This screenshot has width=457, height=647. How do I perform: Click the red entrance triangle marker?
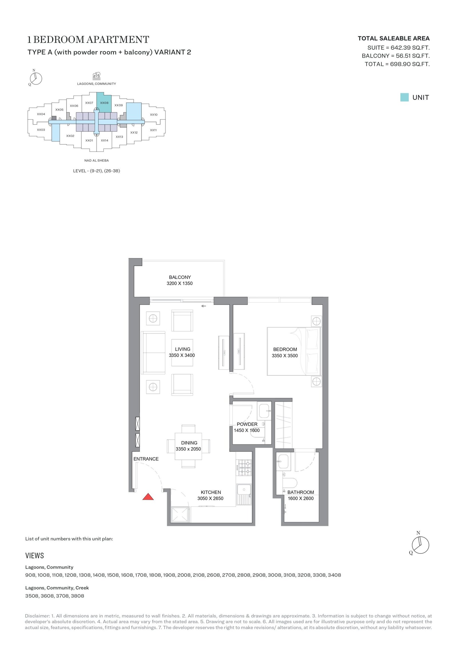148,497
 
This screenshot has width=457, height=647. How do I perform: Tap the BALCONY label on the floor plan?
180,277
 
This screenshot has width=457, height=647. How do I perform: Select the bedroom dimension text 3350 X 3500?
285,356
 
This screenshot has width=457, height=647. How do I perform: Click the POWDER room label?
247,424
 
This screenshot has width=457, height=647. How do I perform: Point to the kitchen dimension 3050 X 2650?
210,498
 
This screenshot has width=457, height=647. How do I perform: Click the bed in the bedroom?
294,351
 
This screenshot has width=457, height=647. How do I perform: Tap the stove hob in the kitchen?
245,467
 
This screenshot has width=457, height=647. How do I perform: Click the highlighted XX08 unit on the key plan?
104,102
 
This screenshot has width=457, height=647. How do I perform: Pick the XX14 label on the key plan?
105,140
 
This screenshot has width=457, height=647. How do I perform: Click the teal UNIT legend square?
404,97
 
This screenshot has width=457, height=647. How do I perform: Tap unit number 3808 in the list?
77,596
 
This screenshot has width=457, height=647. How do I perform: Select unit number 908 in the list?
30,575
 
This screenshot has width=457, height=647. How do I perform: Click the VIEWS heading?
35,556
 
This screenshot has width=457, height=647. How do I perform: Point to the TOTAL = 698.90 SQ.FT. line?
397,64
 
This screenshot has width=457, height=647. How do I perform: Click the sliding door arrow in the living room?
204,306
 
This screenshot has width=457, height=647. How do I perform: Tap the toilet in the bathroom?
290,483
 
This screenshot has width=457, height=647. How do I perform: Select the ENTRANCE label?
146,459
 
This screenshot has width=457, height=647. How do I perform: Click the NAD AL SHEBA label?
97,160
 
